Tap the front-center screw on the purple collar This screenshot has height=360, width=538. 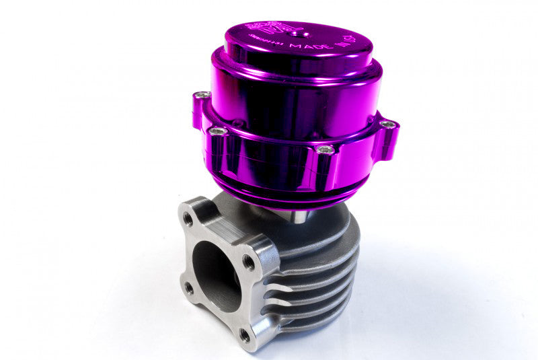325,149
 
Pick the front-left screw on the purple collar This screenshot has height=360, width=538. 217,131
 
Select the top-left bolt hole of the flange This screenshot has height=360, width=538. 188,219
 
